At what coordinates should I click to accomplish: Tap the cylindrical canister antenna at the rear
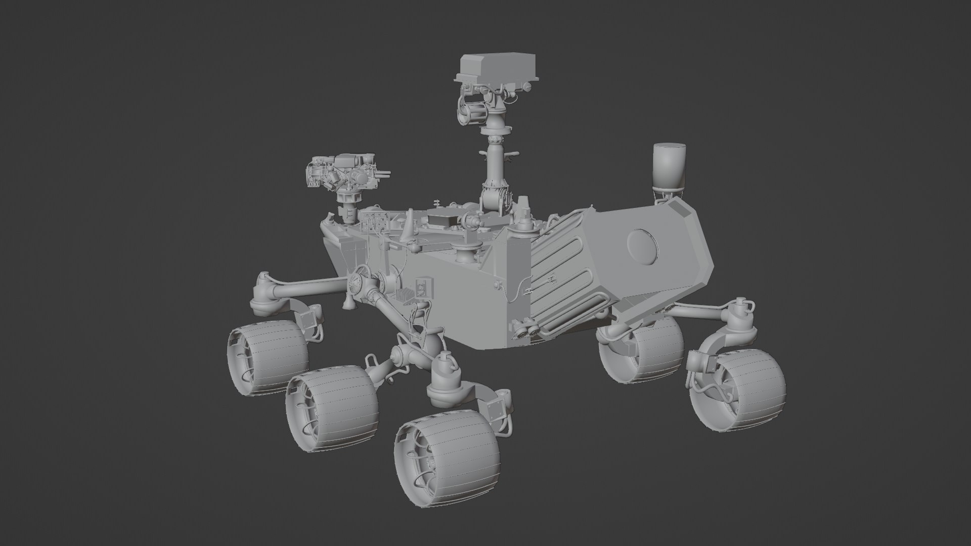pyautogui.click(x=669, y=165)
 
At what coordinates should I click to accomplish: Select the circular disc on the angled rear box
pyautogui.click(x=643, y=246)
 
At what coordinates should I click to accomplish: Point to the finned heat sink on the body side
pyautogui.click(x=405, y=297)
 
